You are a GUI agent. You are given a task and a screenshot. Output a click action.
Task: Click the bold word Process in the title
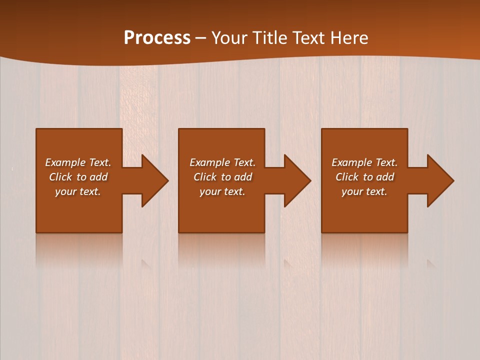[x=157, y=38]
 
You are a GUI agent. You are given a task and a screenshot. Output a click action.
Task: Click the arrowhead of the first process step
[x=154, y=180]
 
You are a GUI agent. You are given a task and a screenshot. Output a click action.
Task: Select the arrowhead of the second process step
[x=296, y=180]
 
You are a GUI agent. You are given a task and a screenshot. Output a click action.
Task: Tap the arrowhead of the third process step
[x=439, y=180]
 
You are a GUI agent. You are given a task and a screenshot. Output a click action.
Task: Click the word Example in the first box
[x=65, y=162]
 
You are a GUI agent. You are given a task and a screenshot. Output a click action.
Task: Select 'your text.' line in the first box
[x=78, y=191]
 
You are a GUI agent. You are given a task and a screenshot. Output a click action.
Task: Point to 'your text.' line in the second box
[x=222, y=191]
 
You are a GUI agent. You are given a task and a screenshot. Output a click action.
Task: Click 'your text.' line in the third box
[x=364, y=191]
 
